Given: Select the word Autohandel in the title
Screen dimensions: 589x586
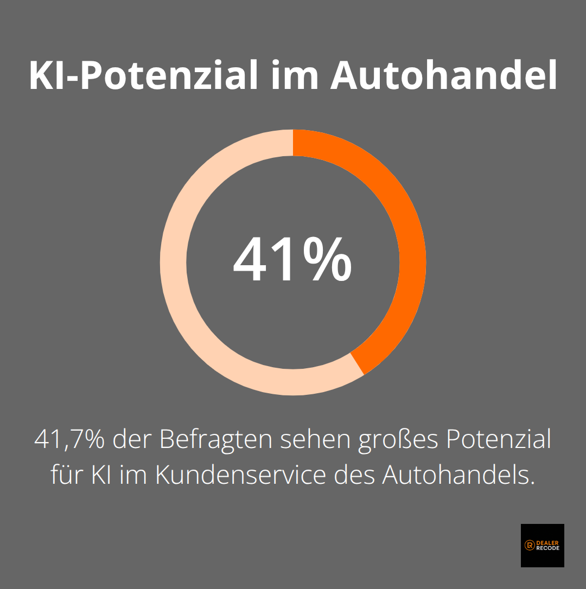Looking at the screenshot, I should [x=444, y=76].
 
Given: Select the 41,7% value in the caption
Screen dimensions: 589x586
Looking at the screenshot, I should [x=69, y=439].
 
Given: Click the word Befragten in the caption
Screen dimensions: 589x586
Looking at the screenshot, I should [x=216, y=439].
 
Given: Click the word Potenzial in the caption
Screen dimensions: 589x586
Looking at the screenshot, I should [x=498, y=439].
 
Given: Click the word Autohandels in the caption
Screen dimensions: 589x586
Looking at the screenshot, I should [x=455, y=475].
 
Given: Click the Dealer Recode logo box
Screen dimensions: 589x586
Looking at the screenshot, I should [x=542, y=545].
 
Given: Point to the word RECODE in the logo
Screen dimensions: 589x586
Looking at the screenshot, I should [x=548, y=548].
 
